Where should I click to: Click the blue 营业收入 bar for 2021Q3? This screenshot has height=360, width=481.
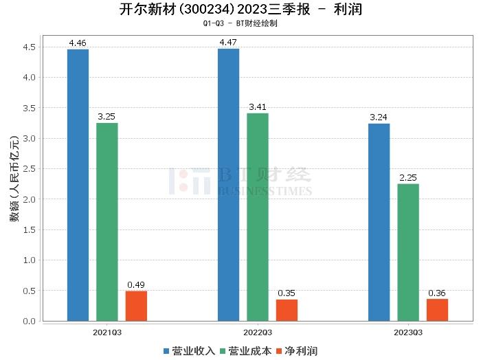(78, 185)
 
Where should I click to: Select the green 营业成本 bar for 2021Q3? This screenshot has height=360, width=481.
(107, 222)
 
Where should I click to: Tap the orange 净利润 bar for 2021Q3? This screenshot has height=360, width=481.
(136, 306)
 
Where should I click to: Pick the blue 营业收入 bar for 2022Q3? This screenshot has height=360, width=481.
(228, 185)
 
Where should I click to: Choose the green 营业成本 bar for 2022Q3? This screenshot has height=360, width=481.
(258, 217)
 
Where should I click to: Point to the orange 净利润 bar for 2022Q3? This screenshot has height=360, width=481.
(287, 310)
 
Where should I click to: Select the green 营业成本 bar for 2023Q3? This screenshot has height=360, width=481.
(408, 252)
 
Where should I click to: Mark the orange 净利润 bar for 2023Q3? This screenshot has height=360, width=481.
(437, 310)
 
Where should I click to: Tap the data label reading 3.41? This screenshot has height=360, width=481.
(258, 107)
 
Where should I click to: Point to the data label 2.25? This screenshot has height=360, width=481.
(408, 179)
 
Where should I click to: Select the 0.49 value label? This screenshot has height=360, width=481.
(136, 285)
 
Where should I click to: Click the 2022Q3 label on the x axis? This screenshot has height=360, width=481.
(258, 331)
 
